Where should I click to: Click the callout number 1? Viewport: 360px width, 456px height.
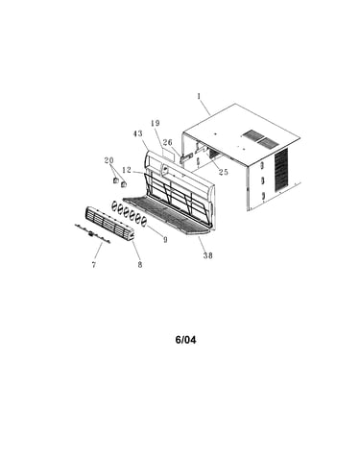pyautogui.click(x=199, y=96)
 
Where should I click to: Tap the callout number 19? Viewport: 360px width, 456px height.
pyautogui.click(x=156, y=123)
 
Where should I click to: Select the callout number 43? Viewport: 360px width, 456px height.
pyautogui.click(x=138, y=133)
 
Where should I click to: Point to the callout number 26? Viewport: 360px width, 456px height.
pyautogui.click(x=167, y=142)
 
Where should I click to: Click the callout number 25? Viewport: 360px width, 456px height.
pyautogui.click(x=224, y=172)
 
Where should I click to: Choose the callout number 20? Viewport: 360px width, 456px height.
pyautogui.click(x=109, y=160)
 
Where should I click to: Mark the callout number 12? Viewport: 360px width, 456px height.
pyautogui.click(x=127, y=170)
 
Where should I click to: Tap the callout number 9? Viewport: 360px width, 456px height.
pyautogui.click(x=165, y=239)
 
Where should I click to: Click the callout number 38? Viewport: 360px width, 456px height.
pyautogui.click(x=208, y=255)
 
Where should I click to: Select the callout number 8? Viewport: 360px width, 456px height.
pyautogui.click(x=140, y=265)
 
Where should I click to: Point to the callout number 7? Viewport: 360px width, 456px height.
pyautogui.click(x=94, y=265)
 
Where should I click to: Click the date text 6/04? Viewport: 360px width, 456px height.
pyautogui.click(x=185, y=340)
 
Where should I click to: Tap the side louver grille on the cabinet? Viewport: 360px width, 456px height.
pyautogui.click(x=281, y=170)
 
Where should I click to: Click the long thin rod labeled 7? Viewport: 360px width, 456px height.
pyautogui.click(x=92, y=234)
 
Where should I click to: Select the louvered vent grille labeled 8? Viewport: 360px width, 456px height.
pyautogui.click(x=109, y=224)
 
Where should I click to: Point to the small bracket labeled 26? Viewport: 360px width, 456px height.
pyautogui.click(x=187, y=157)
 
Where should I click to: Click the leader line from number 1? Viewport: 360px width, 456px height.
pyautogui.click(x=204, y=108)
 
